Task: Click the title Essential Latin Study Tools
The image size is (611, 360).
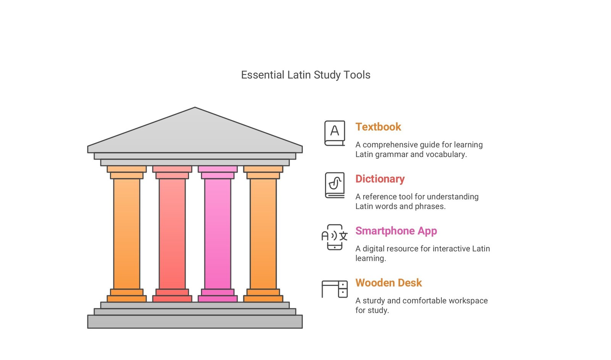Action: click(x=305, y=75)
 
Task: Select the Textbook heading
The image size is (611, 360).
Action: click(x=378, y=127)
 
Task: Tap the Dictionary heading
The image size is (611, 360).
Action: click(x=380, y=179)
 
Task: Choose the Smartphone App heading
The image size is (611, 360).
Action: click(x=396, y=231)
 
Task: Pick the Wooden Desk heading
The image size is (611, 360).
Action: click(x=389, y=283)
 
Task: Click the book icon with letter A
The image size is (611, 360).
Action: click(x=335, y=133)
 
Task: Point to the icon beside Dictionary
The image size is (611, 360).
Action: click(x=335, y=185)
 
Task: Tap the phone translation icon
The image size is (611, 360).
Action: click(x=335, y=237)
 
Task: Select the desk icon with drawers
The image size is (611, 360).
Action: click(x=335, y=289)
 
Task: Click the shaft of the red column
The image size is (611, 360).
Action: click(x=172, y=234)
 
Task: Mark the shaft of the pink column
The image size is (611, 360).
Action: click(x=218, y=234)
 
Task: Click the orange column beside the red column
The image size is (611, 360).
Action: click(x=126, y=234)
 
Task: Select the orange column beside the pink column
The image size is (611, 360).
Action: click(x=263, y=234)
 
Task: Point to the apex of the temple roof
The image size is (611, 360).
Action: click(x=195, y=107)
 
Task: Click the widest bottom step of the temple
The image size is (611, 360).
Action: click(x=195, y=322)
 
